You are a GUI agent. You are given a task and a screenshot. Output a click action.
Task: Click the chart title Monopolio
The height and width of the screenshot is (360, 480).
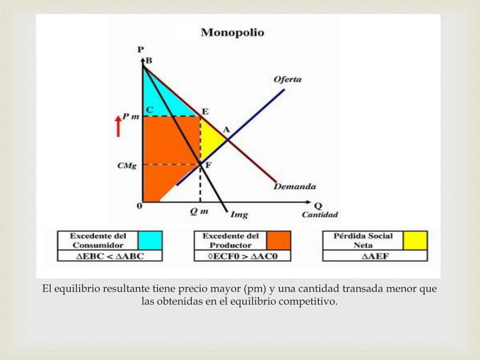point(232,33)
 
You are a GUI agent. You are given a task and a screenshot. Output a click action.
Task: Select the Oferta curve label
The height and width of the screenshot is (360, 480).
point(287,79)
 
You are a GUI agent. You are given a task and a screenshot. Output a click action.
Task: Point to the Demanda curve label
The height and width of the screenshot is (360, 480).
point(294,187)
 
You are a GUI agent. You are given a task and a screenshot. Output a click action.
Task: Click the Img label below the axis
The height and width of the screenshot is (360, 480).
point(239,215)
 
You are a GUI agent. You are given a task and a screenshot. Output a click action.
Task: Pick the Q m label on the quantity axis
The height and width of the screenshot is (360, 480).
point(199,211)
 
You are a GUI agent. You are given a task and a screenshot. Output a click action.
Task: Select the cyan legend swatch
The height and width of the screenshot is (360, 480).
point(150,240)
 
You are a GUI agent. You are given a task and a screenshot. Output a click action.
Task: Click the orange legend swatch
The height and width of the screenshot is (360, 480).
point(278,240)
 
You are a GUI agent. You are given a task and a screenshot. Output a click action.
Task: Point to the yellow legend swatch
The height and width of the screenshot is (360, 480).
point(415,240)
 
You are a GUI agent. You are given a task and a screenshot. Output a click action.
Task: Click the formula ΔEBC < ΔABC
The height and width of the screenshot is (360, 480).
point(110,256)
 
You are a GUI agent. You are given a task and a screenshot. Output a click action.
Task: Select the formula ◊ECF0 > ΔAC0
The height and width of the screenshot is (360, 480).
point(242,256)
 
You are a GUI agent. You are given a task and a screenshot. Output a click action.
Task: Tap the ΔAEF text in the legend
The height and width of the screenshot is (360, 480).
point(375,256)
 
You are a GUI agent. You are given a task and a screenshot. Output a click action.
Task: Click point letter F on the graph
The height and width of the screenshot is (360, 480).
point(208,165)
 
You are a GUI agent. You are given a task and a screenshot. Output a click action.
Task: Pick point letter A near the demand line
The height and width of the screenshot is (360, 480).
point(225,130)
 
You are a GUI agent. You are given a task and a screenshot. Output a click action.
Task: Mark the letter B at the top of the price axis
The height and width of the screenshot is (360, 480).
point(149,60)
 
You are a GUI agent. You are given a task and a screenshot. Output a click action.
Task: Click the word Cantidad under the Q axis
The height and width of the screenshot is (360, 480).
point(319,215)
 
